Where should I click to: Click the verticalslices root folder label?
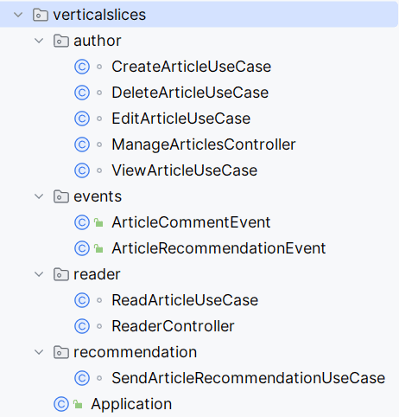point(99,15)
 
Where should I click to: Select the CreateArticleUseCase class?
point(192,67)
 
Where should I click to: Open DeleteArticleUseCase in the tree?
point(190,93)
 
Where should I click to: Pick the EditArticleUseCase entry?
point(181,119)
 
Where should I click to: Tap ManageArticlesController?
point(204,144)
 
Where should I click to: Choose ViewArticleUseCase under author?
point(185,170)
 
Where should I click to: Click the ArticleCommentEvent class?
point(191,222)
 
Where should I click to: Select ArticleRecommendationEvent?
point(218,248)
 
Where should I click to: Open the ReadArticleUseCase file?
point(185,300)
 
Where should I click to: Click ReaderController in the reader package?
point(173,326)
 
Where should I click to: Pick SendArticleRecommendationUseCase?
point(249,378)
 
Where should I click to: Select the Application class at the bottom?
point(131,404)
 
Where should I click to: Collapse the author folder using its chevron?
point(39,41)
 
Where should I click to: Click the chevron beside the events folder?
point(39,196)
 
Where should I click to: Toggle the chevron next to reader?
point(39,274)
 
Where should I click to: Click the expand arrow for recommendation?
point(39,352)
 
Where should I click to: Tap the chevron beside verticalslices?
point(18,15)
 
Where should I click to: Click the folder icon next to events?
point(61,196)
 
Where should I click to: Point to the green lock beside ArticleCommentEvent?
point(98,222)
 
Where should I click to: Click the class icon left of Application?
point(61,404)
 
